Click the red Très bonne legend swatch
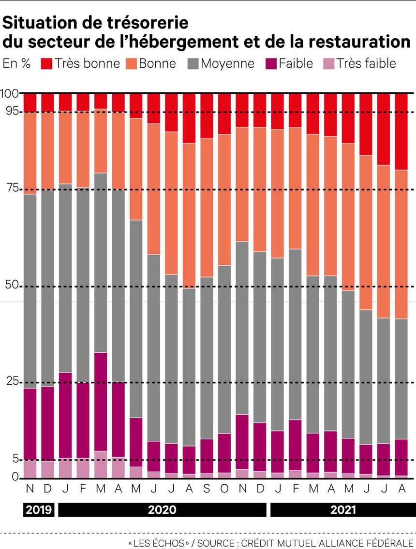click(46, 63)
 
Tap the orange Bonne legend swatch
click(132, 63)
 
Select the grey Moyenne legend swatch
click(193, 63)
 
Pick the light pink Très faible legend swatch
click(329, 63)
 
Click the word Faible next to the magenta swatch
click(297, 63)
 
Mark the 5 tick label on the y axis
click(15, 459)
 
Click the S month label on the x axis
click(207, 489)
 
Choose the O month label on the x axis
click(224, 489)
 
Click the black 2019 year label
click(38, 510)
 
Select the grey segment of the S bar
click(207, 358)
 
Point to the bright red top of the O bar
click(224, 114)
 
